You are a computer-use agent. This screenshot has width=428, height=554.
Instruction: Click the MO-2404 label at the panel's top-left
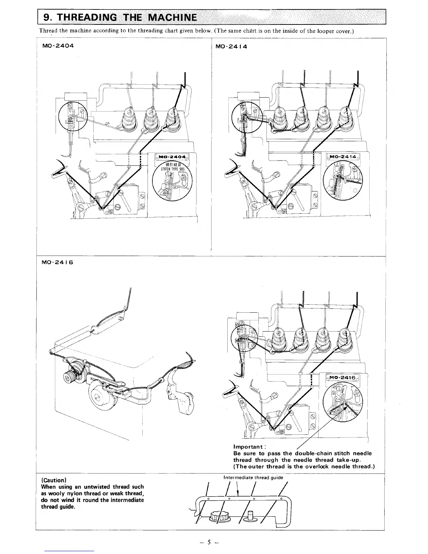click(57, 46)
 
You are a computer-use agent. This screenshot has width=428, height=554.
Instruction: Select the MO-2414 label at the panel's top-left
click(231, 46)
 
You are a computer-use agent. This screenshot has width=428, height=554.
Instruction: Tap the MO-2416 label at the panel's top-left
click(57, 262)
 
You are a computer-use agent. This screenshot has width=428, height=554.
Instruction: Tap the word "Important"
click(248, 447)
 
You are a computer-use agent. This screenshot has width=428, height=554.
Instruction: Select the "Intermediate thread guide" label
click(253, 477)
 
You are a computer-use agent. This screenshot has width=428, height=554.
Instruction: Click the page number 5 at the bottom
click(209, 542)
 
